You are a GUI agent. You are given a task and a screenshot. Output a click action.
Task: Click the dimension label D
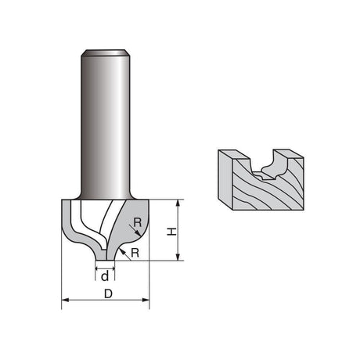[x=108, y=294]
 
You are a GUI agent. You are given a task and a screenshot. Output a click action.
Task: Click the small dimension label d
[x=105, y=276]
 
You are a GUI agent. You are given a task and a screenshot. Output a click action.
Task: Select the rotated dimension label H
[x=171, y=232]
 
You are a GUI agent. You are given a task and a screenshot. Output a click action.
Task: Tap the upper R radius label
[x=138, y=222]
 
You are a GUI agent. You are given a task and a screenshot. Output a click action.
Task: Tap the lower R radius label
[x=135, y=253]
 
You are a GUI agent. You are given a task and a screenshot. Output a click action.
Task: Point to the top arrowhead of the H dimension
[x=178, y=203]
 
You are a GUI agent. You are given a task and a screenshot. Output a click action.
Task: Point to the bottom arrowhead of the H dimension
[x=178, y=257]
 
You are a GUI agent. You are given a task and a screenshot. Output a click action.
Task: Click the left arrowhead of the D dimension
[x=65, y=300]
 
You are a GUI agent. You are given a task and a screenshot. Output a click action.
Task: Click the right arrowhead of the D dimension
[x=146, y=300]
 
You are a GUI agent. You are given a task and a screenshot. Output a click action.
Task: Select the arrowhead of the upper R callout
[x=139, y=232]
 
